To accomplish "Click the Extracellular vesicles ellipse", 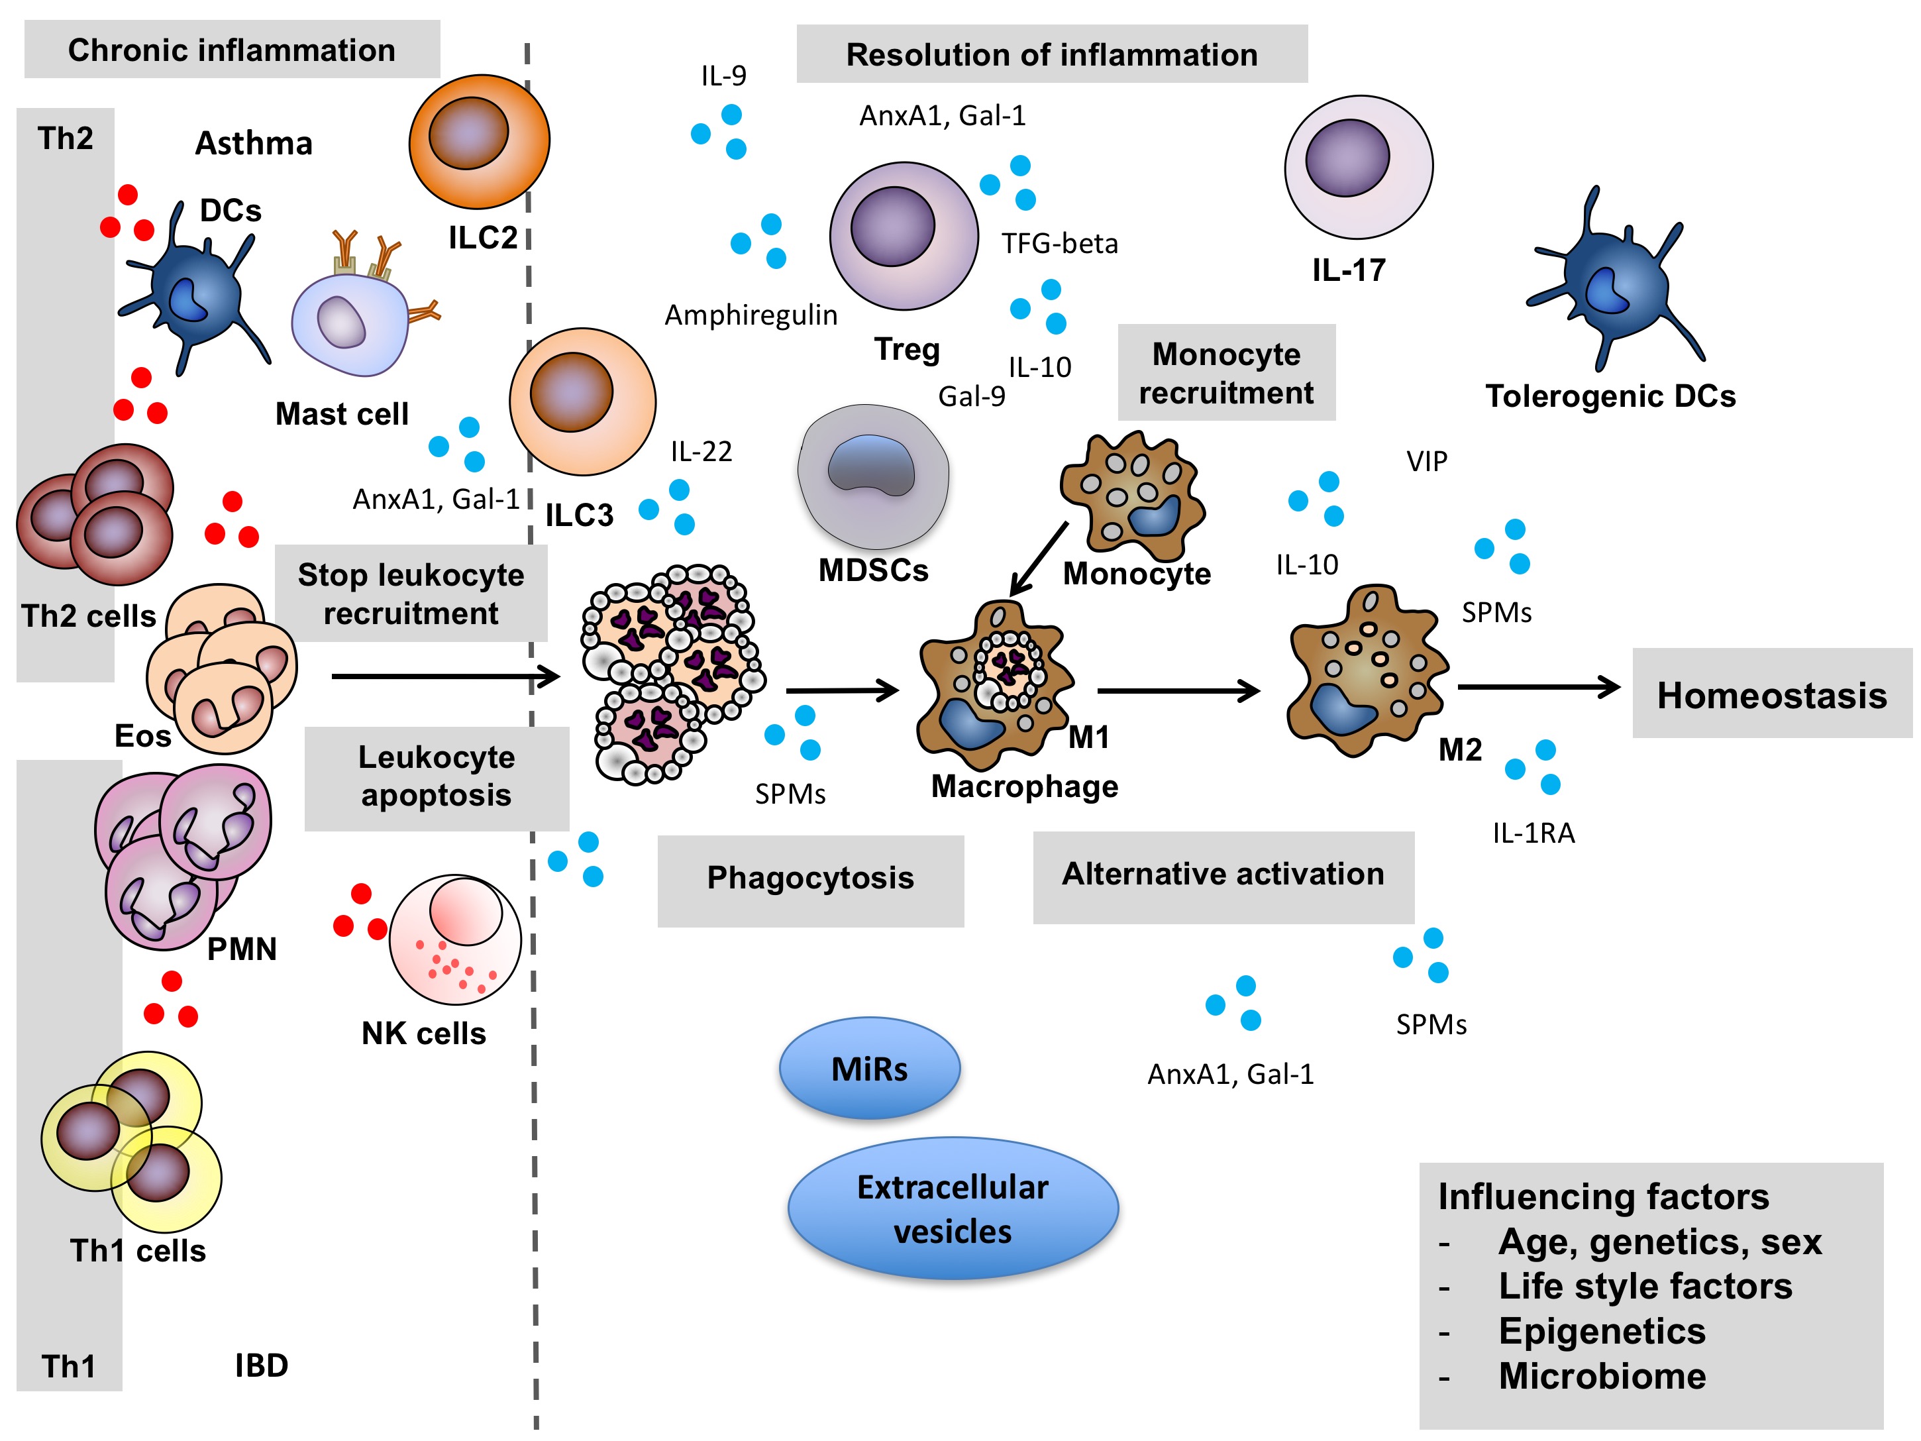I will pyautogui.click(x=953, y=1208).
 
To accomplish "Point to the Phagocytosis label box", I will pyautogui.click(x=809, y=879).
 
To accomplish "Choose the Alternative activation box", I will pyautogui.click(x=1223, y=876).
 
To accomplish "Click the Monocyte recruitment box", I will pyautogui.click(x=1225, y=372).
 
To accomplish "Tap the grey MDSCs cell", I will pyautogui.click(x=873, y=476).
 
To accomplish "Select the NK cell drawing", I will pyautogui.click(x=455, y=940).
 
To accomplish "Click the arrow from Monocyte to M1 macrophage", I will pyautogui.click(x=1039, y=559).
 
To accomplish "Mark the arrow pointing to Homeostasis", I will pyautogui.click(x=1538, y=687).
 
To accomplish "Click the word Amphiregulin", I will pyautogui.click(x=751, y=315).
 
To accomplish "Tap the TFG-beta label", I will pyautogui.click(x=1059, y=243).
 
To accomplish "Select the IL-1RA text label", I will pyautogui.click(x=1533, y=833).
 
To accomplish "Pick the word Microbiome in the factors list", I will pyautogui.click(x=1602, y=1377).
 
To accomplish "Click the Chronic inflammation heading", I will pyautogui.click(x=231, y=50).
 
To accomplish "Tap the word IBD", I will pyautogui.click(x=262, y=1365).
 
